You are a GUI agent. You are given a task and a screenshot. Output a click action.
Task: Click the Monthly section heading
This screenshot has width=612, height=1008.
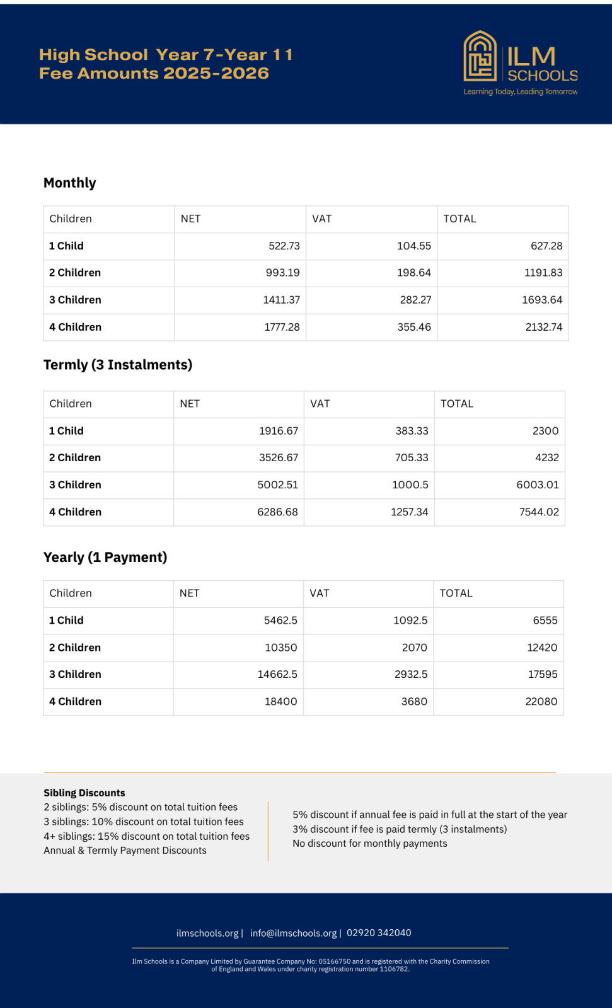pos(70,183)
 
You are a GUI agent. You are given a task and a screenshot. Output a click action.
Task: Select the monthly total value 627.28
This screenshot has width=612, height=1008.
pos(546,246)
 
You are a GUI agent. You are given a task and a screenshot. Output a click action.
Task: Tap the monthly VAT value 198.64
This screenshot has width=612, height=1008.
pos(414,273)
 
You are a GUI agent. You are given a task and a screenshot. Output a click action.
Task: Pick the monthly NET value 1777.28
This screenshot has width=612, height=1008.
pos(282,327)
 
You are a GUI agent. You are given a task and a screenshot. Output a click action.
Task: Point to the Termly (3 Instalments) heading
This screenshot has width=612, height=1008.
pos(118,365)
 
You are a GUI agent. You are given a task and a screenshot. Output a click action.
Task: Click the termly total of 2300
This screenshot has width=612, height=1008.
pos(545,431)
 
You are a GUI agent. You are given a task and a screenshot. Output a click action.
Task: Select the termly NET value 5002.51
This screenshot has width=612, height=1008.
pos(277,485)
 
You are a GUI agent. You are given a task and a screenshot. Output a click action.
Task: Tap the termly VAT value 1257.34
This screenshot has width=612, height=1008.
pos(409,512)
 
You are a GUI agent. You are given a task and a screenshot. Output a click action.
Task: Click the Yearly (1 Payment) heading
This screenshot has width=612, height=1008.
pos(105,558)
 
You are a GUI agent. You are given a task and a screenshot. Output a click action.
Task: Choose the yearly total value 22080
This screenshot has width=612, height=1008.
pos(541,702)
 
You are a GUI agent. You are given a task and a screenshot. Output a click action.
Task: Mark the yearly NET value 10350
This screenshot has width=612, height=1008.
pos(280,648)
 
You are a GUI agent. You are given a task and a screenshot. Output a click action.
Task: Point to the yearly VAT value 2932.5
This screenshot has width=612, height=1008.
pos(411,675)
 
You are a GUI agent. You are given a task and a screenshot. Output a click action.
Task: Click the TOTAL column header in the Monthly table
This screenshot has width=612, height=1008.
pos(459,219)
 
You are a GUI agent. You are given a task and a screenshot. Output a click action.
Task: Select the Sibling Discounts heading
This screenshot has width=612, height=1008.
pos(84,793)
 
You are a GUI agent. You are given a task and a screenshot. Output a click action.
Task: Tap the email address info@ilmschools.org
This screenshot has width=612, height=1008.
pos(293,933)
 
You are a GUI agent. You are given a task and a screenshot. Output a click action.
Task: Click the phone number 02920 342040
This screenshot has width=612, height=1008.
pos(379,933)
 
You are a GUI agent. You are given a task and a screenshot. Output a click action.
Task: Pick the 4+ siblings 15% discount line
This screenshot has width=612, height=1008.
pos(146,837)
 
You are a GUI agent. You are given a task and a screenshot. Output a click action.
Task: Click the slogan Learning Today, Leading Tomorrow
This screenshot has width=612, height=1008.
pos(520,92)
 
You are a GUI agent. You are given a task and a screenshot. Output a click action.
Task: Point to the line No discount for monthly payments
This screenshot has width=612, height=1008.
pos(369,844)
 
